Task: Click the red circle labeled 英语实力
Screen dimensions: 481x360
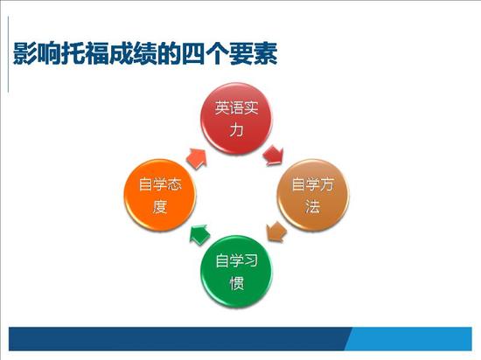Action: [x=236, y=119]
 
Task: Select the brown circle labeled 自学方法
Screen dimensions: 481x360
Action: [x=313, y=195]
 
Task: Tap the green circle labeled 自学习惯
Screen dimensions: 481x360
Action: [x=236, y=272]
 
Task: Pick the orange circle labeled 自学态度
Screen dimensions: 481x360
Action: [x=160, y=195]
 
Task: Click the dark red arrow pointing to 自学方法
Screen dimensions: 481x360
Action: [x=274, y=156]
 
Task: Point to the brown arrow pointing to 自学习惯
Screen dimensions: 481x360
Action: [x=276, y=232]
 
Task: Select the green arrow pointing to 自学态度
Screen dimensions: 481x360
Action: [x=199, y=235]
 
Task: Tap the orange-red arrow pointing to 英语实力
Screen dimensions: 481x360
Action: [x=197, y=158]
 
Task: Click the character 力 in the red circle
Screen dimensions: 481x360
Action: [x=236, y=130]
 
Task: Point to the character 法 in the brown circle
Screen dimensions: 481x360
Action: [x=313, y=206]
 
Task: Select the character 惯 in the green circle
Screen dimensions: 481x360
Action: [x=237, y=283]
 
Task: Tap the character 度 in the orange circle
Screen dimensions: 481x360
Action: [x=160, y=206]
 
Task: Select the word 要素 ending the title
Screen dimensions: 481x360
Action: [x=254, y=53]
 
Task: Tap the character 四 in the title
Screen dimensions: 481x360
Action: [x=193, y=53]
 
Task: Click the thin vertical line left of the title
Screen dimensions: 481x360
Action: [x=8, y=54]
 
